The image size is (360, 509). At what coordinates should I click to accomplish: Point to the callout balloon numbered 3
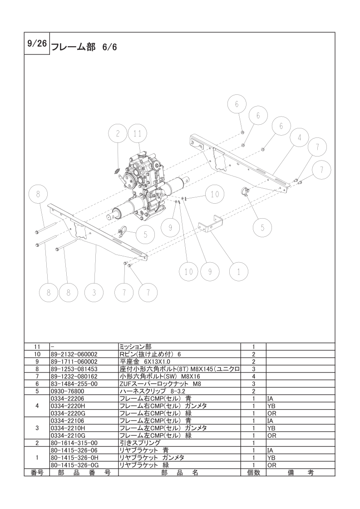tap(94, 293)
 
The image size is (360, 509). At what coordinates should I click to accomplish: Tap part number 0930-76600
tap(68, 390)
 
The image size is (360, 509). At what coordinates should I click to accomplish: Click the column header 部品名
tap(181, 472)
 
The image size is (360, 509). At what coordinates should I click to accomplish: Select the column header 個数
tap(253, 472)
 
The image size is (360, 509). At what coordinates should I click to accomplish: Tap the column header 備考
tap(301, 472)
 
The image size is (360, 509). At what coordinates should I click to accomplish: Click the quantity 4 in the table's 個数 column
tap(253, 376)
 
